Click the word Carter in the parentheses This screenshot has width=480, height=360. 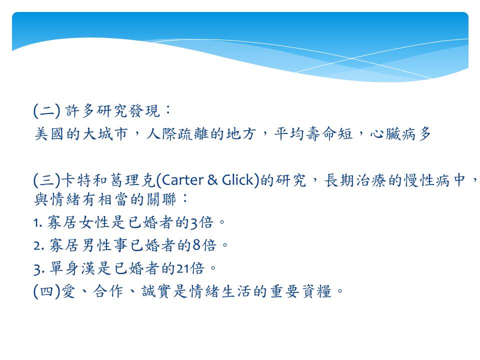182,180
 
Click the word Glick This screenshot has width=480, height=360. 238,180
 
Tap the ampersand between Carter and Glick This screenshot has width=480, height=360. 212,180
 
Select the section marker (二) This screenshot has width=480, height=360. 47,111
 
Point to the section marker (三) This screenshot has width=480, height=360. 47,180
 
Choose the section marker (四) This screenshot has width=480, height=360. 47,291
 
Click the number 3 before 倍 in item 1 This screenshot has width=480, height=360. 194,223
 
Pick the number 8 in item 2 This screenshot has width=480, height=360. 197,245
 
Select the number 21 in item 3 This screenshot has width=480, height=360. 182,268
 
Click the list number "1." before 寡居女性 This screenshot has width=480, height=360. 37,223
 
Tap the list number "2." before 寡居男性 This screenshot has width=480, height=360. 39,245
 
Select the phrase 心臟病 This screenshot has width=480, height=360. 393,134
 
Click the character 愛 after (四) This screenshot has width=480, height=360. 68,291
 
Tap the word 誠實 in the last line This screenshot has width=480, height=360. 156,291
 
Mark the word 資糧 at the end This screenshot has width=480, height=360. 317,291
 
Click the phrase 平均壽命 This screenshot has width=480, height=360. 305,134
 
